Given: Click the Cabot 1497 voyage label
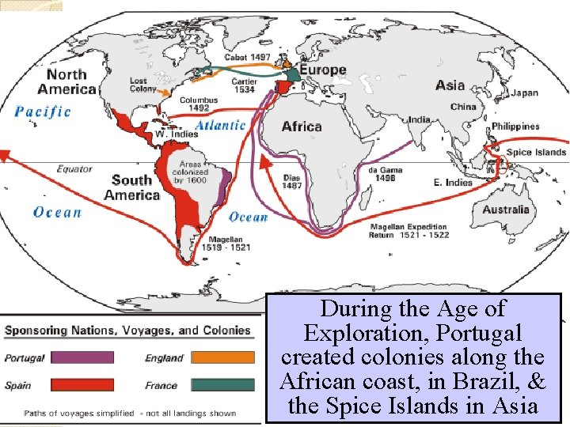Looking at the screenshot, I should click(x=247, y=57).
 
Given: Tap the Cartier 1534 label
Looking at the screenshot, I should click(x=244, y=85).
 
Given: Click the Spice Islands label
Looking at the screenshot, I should click(x=536, y=152).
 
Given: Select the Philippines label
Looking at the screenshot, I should click(x=515, y=127).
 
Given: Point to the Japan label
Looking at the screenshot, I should click(x=524, y=93).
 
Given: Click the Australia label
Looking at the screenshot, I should click(x=506, y=210).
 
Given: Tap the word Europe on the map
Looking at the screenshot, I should click(x=323, y=70).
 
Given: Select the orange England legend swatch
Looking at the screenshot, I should click(x=222, y=357).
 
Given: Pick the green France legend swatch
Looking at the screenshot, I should click(x=222, y=385).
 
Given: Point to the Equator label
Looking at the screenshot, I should click(x=74, y=168).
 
